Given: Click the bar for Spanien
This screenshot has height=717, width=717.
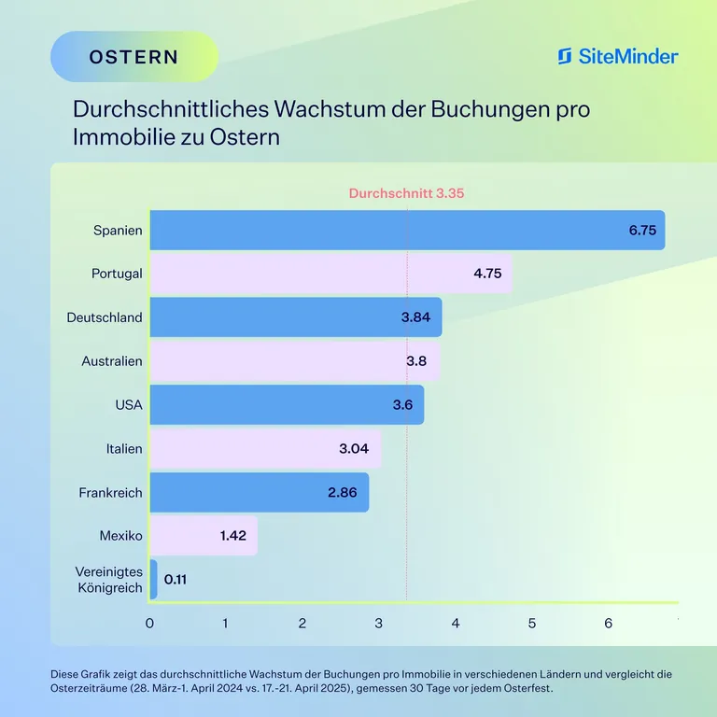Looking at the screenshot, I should coord(407,230).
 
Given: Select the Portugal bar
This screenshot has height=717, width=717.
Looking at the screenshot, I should coord(330,274).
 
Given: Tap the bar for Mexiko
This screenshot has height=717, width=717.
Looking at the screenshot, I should coord(203,536).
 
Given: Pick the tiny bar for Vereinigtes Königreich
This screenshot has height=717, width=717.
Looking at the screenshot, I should coord(153,579).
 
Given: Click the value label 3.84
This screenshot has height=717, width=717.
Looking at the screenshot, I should coord(415,317).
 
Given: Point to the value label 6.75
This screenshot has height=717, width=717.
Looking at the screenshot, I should coord(642,230).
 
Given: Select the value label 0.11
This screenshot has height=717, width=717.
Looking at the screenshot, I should coord(176,579).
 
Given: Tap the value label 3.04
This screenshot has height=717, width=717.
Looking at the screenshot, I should coord(354,448).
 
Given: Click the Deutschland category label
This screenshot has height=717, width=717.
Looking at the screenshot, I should coord(105,317).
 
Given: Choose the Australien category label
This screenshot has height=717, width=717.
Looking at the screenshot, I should coord(112,360).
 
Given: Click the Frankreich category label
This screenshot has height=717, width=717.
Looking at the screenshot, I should coord(110,492).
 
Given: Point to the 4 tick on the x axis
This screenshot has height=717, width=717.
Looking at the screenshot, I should coord(456,623).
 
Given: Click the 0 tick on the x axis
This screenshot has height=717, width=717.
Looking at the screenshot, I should coord(149,623).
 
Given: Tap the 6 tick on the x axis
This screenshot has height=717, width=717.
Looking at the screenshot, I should coord(608,623).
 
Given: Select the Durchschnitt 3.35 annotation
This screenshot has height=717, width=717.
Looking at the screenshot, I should coord(406,193).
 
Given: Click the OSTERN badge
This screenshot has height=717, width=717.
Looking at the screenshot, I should coord(134,56).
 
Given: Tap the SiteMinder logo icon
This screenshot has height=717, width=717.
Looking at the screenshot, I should coord(565,56).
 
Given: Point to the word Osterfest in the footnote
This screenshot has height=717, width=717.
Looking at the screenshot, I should coord(527,688).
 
